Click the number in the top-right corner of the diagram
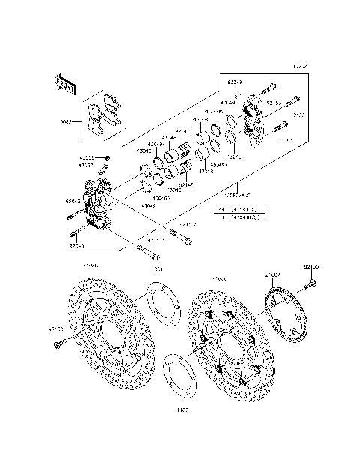300,67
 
